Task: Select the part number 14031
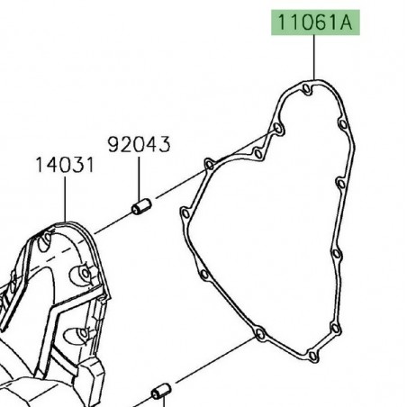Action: pos(65,166)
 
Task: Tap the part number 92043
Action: pos(140,144)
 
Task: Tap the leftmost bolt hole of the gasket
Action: pos(185,214)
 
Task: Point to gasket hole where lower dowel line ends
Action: pos(259,334)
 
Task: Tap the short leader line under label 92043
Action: pos(140,176)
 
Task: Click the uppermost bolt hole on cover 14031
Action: pos(46,240)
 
